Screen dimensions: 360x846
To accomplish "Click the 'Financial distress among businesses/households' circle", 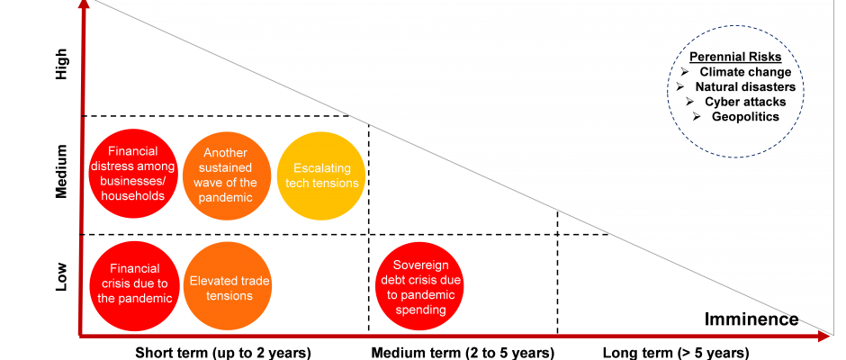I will (131, 174).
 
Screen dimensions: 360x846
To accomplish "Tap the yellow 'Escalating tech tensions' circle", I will (321, 175).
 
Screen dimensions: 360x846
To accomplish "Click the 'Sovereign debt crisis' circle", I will (418, 287).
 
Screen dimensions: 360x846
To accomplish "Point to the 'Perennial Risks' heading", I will (734, 57).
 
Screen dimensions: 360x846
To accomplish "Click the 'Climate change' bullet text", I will (745, 72).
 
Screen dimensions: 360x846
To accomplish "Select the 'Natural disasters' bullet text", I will (745, 87).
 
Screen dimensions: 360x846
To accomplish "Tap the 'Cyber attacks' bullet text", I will (745, 102).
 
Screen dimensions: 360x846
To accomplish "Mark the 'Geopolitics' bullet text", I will (745, 116).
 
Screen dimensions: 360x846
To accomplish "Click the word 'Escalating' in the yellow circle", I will (321, 168).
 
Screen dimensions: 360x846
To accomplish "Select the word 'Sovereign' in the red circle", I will (418, 265).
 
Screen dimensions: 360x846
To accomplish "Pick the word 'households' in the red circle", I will (132, 195).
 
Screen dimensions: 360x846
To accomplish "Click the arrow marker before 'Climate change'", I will (684, 72).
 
